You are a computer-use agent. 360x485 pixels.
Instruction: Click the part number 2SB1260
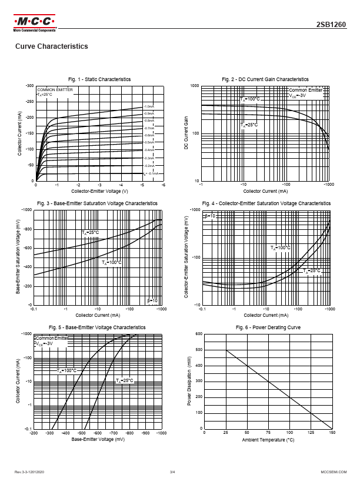(335, 25)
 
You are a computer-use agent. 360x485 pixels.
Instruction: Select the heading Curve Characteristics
(51, 46)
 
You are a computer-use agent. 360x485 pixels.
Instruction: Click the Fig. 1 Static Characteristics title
(99, 79)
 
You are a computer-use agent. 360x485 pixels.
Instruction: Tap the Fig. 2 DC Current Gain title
(265, 79)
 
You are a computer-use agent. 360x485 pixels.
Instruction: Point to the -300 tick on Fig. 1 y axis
(29, 86)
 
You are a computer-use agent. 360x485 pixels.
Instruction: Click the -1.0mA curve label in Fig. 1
(149, 106)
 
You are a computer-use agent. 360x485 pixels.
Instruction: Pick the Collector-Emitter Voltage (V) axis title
(100, 192)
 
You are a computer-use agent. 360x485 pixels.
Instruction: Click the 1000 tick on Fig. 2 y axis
(194, 86)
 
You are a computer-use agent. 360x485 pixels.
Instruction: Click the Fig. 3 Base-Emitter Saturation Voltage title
(98, 203)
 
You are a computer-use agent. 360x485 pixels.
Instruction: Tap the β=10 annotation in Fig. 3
(152, 300)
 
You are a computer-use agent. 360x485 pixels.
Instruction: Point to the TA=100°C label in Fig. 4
(281, 248)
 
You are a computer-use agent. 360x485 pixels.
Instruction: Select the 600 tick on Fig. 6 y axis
(199, 334)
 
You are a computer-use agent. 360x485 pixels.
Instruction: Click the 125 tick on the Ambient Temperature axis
(311, 433)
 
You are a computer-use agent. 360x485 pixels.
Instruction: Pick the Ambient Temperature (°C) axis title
(268, 439)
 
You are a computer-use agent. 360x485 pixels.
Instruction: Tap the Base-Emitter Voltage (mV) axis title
(98, 439)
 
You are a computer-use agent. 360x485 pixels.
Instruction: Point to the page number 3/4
(173, 472)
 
